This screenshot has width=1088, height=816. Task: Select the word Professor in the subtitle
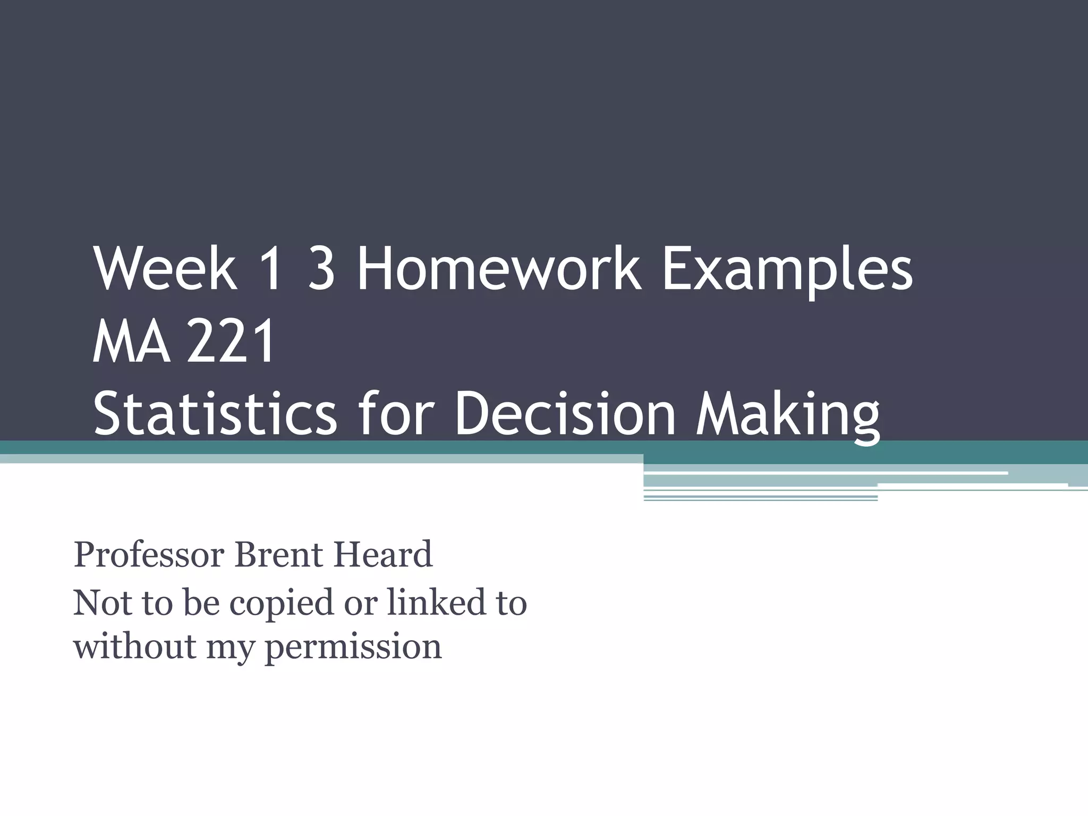[149, 555]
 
